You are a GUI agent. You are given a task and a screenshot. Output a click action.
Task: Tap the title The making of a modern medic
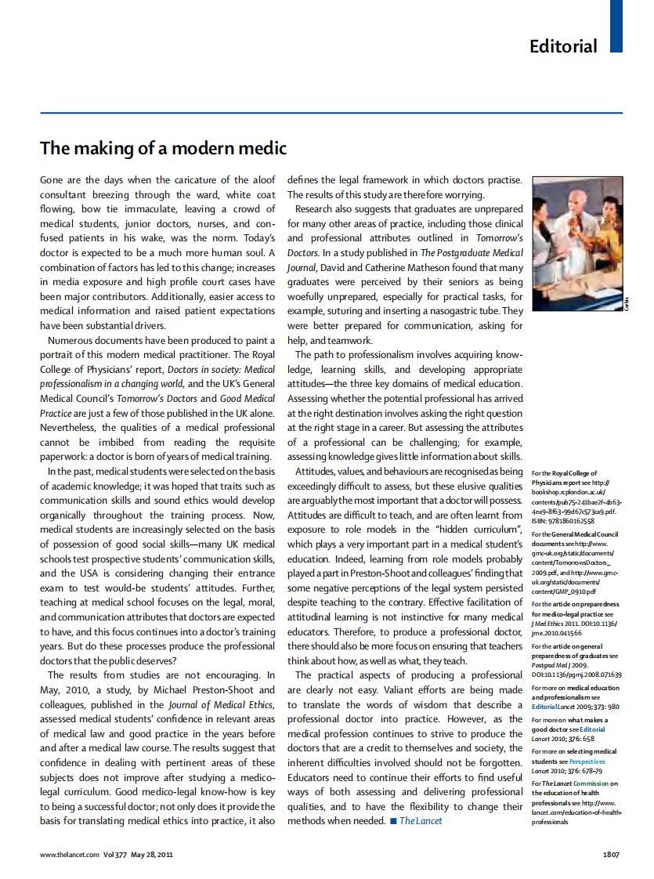tap(164, 148)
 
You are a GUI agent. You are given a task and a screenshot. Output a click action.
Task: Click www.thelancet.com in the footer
tap(70, 854)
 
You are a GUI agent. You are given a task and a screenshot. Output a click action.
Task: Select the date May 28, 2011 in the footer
tap(152, 854)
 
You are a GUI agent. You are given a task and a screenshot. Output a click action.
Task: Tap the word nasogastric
tap(442, 311)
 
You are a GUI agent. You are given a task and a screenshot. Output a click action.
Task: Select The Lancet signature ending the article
tap(421, 821)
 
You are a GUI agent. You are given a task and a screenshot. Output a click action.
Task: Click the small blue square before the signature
tap(393, 821)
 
